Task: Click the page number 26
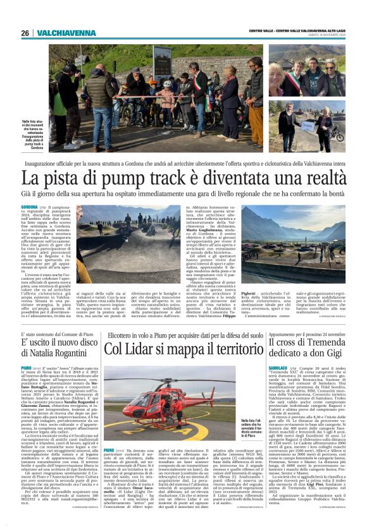pyautogui.click(x=25, y=33)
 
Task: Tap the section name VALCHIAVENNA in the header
pyautogui.click(x=66, y=33)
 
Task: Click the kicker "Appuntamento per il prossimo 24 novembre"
pyautogui.click(x=308, y=333)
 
